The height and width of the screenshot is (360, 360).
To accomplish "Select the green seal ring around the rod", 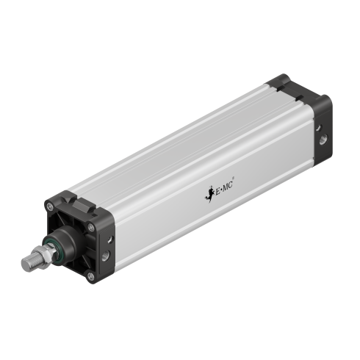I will (53, 246).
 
